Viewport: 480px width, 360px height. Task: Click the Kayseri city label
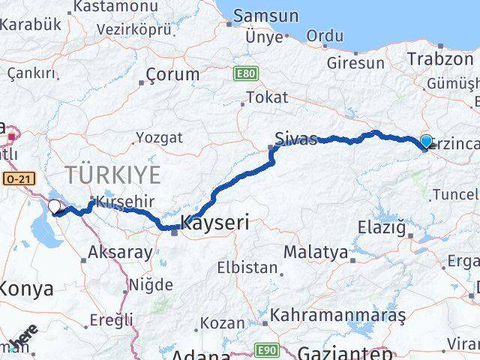(x=215, y=223)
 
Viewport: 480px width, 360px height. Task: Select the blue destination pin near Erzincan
(x=426, y=142)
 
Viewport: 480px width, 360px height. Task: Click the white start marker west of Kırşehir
(x=55, y=206)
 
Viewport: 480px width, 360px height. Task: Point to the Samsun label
(x=265, y=16)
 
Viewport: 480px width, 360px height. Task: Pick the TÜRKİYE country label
(x=112, y=175)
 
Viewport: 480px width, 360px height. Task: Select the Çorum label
(x=172, y=74)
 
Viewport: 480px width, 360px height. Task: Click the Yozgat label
(x=157, y=137)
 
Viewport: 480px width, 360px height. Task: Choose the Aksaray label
(x=120, y=252)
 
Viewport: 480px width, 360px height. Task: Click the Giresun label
(x=355, y=63)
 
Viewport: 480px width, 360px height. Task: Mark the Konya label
(x=26, y=288)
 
